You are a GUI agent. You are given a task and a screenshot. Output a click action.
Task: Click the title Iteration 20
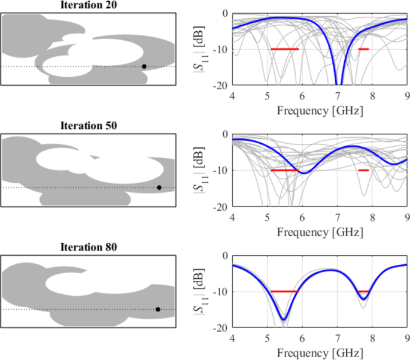pyautogui.click(x=89, y=5)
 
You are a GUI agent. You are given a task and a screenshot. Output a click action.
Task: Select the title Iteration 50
pyautogui.click(x=89, y=126)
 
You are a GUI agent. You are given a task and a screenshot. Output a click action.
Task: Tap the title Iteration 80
pyautogui.click(x=89, y=247)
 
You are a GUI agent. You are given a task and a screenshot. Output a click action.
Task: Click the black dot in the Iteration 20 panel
pyautogui.click(x=144, y=66)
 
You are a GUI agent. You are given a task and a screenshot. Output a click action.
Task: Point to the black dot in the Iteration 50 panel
pyautogui.click(x=159, y=187)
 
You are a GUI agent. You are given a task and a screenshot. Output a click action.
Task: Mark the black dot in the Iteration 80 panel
pyautogui.click(x=158, y=309)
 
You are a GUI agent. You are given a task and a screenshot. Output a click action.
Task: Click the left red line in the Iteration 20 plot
pyautogui.click(x=284, y=49)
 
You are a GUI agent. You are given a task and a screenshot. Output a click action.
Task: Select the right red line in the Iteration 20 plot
pyautogui.click(x=363, y=49)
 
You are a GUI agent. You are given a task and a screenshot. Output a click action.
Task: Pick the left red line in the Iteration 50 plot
pyautogui.click(x=284, y=170)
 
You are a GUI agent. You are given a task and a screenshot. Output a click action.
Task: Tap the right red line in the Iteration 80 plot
pyautogui.click(x=363, y=292)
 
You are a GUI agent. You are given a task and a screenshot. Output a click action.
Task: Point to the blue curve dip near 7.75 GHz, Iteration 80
pyautogui.click(x=363, y=298)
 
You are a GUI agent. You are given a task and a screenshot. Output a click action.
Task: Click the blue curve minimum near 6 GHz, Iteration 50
pyautogui.click(x=303, y=173)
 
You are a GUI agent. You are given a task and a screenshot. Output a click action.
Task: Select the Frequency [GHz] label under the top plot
pyautogui.click(x=320, y=110)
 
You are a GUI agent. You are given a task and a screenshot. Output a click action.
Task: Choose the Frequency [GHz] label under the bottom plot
pyautogui.click(x=320, y=353)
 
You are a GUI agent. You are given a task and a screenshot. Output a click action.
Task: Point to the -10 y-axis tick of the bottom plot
pyautogui.click(x=221, y=292)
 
